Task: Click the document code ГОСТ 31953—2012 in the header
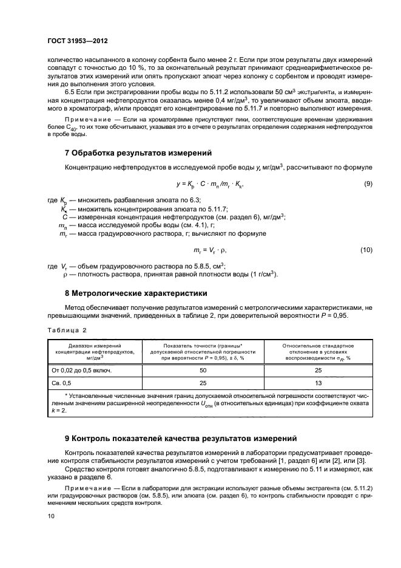78,42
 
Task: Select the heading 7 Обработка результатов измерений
138,151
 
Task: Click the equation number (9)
367,184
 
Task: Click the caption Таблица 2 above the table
67,330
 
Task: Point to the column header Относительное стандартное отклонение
317,352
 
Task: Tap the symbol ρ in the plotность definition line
66,275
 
